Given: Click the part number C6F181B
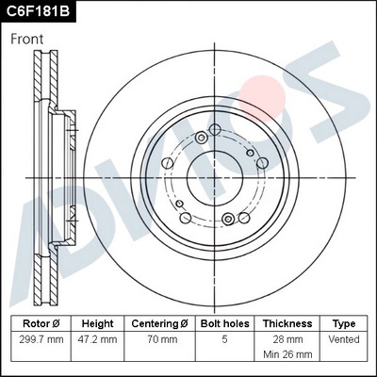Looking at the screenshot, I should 40,12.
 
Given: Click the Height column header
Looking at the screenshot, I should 97,322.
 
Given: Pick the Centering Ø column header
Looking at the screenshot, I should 159,322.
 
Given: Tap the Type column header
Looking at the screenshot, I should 344,322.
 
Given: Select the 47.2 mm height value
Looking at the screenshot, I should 97,337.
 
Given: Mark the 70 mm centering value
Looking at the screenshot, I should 159,337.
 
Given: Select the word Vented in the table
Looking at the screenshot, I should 344,337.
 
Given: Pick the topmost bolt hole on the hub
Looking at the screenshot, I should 215,129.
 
